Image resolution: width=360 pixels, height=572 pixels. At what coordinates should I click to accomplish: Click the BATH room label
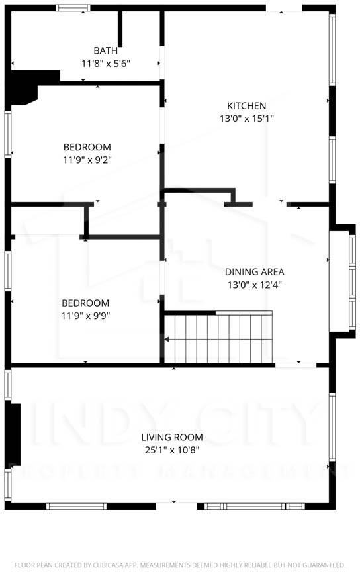point(106,50)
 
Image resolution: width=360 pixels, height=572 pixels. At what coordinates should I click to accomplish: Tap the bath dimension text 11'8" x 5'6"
point(106,64)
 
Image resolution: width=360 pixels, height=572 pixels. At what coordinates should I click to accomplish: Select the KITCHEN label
point(246,106)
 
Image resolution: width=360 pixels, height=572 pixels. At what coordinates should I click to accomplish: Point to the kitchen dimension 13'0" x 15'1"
point(246,119)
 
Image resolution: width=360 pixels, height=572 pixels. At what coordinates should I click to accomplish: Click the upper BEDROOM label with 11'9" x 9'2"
point(87,147)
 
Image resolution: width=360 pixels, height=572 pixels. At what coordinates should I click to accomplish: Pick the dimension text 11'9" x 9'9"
point(85,316)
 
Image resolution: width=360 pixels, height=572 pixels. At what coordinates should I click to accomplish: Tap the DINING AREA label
point(254,272)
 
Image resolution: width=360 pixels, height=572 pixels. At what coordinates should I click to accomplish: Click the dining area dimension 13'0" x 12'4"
point(254,285)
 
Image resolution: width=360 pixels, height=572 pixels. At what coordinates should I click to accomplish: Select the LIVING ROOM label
point(171,437)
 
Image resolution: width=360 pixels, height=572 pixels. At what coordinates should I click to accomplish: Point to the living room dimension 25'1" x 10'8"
point(171,450)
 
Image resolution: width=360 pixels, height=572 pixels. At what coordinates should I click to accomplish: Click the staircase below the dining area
point(218,338)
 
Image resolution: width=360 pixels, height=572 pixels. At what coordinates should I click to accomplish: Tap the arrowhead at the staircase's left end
point(167,340)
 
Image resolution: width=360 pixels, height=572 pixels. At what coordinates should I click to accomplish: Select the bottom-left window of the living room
point(67,506)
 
